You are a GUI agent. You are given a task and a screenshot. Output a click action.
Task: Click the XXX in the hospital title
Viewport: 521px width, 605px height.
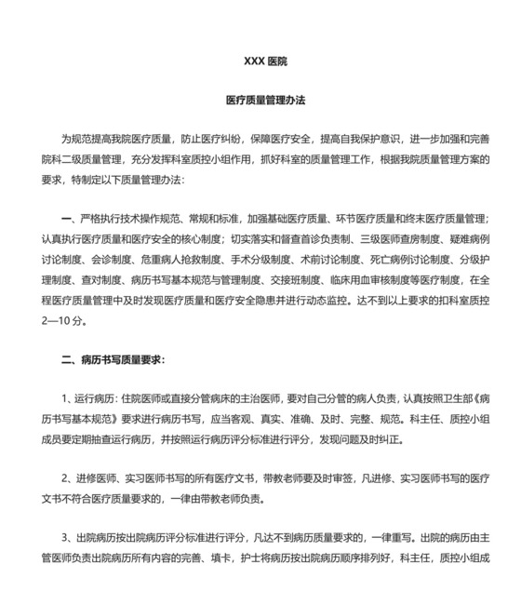[x=253, y=61]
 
